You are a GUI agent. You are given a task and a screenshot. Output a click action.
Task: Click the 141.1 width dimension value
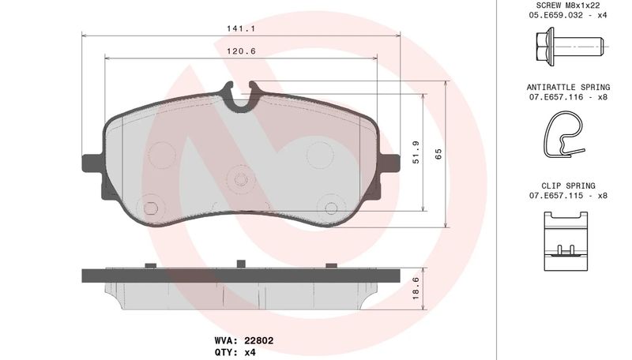point(241,28)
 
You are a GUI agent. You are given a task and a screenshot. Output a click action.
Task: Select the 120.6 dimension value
point(241,51)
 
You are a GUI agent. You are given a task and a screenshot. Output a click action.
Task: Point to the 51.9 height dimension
point(416,152)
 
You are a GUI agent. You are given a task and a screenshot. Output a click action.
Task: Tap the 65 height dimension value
point(438,153)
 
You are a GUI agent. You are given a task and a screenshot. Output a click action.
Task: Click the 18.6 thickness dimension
point(416,288)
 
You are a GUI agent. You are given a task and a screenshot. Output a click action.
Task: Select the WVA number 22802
point(259,341)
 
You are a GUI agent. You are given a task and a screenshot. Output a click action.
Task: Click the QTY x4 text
point(235,352)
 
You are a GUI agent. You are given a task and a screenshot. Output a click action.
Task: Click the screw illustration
point(570,44)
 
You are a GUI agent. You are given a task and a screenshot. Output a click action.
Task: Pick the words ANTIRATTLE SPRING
point(568,87)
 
